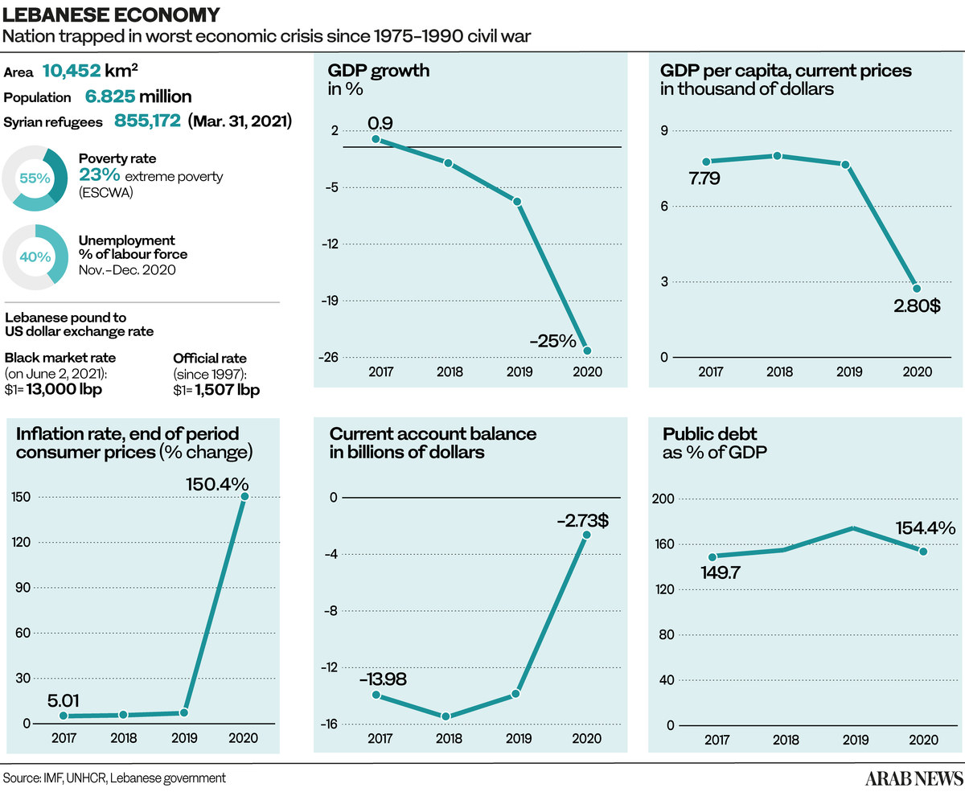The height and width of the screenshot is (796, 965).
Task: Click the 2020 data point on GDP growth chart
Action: (x=587, y=351)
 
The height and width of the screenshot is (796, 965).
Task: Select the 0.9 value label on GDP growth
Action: (x=380, y=123)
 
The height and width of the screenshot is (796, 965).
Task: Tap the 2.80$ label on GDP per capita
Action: (x=917, y=306)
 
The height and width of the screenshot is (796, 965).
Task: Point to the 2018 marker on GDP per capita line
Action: (x=777, y=155)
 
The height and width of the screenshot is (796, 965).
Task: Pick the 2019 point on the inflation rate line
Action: (x=184, y=712)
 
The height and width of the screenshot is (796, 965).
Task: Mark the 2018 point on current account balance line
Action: (x=446, y=716)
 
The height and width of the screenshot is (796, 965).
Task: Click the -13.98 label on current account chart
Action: (x=383, y=679)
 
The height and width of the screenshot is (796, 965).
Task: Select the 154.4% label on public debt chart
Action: (x=926, y=528)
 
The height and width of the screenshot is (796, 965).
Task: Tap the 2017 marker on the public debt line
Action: (x=712, y=556)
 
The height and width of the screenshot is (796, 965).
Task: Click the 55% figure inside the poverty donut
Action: (x=35, y=178)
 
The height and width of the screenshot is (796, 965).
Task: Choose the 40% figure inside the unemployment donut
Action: (x=35, y=257)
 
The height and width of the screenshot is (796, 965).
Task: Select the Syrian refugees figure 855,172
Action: (x=148, y=121)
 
